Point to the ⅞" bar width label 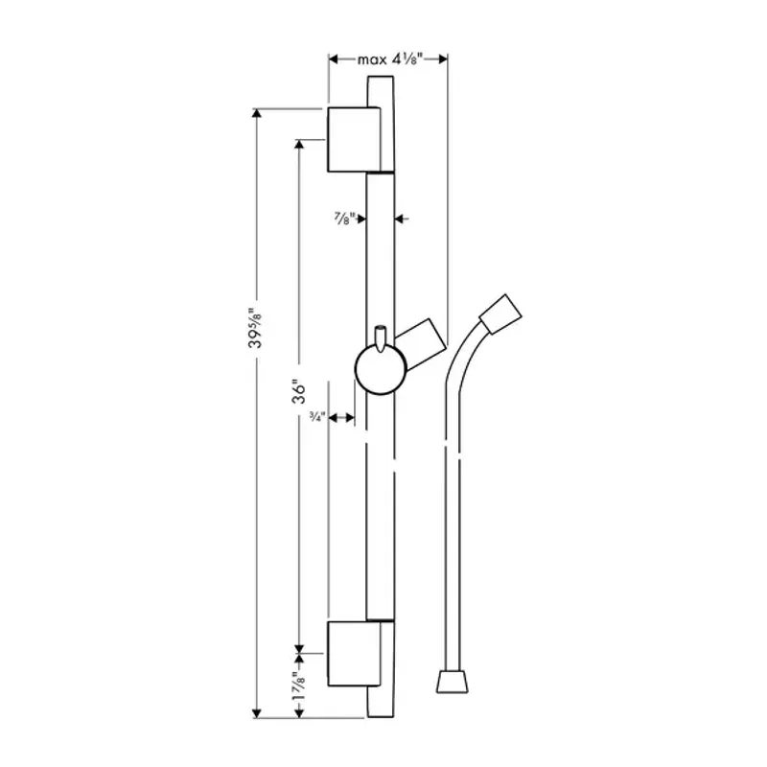[343, 219]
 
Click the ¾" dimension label [316, 417]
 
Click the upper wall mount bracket [354, 140]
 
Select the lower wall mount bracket [354, 655]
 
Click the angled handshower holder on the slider [423, 340]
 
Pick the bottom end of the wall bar [381, 709]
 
